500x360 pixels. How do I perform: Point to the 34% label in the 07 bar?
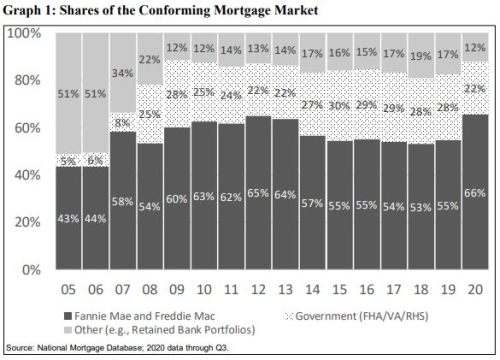pyautogui.click(x=123, y=72)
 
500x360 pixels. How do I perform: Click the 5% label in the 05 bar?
pyautogui.click(x=69, y=159)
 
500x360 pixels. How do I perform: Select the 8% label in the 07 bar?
pyautogui.click(x=123, y=123)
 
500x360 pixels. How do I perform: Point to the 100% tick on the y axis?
pyautogui.click(x=22, y=34)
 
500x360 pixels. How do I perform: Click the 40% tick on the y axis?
pyautogui.click(x=25, y=175)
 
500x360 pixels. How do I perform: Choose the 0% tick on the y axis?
pyautogui.click(x=29, y=269)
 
